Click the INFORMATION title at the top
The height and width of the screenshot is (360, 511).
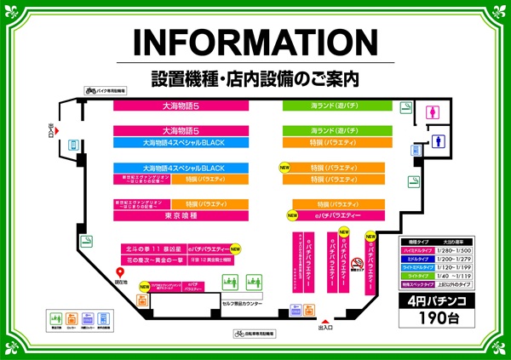point(255,44)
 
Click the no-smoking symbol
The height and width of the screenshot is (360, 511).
point(357,264)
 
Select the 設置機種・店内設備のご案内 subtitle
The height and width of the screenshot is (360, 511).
point(255,78)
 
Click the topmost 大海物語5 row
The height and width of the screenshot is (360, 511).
point(181,105)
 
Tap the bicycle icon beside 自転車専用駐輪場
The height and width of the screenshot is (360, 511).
point(238,334)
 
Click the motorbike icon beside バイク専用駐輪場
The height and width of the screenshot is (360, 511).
point(89,89)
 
